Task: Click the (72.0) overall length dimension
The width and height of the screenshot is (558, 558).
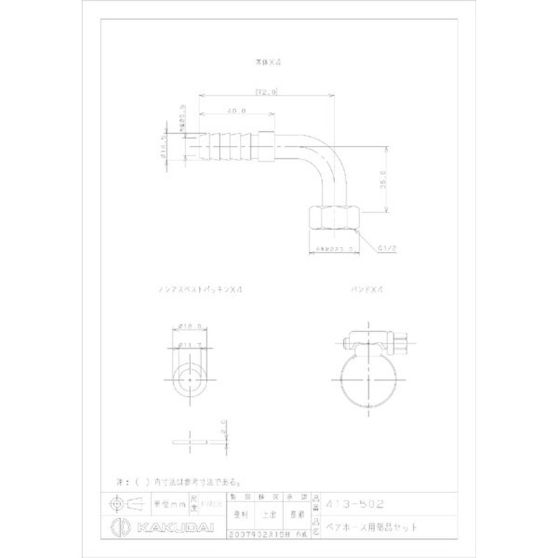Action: [x=266, y=91]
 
